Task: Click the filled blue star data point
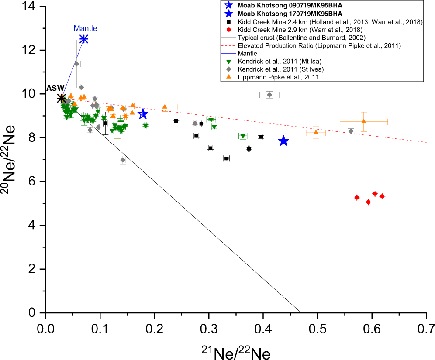click(283, 141)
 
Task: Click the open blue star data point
click(143, 114)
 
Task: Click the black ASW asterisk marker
click(62, 98)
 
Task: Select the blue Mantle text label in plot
click(85, 28)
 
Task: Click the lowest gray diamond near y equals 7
click(123, 160)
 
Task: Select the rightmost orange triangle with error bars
click(364, 121)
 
